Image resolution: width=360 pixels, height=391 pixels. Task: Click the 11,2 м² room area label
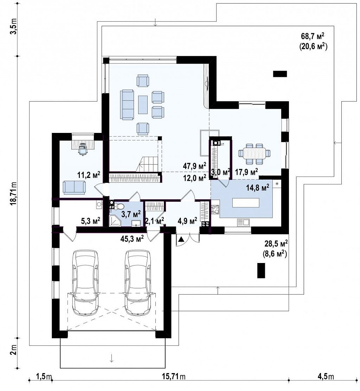point(89,175)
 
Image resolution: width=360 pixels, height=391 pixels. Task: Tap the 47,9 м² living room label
point(194,166)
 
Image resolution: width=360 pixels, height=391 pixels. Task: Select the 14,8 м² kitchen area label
point(258,187)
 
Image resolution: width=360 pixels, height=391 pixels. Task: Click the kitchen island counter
point(246,203)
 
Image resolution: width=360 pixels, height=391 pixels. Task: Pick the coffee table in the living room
point(143,104)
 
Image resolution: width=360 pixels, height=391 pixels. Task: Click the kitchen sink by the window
point(244,222)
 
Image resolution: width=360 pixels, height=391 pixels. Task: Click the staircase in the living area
point(147,164)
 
